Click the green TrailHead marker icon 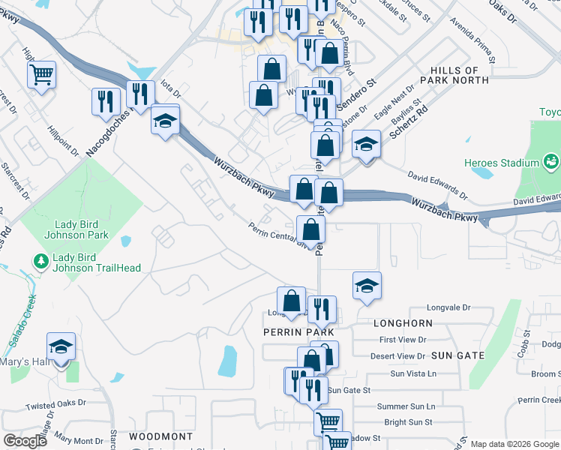point(41,262)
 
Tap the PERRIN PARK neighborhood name point(288,331)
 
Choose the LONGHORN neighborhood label point(403,322)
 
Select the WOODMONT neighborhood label point(160,436)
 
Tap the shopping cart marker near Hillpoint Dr point(42,74)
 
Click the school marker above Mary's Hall point(61,346)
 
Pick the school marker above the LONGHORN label point(367,285)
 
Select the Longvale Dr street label point(448,307)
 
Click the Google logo point(25,441)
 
